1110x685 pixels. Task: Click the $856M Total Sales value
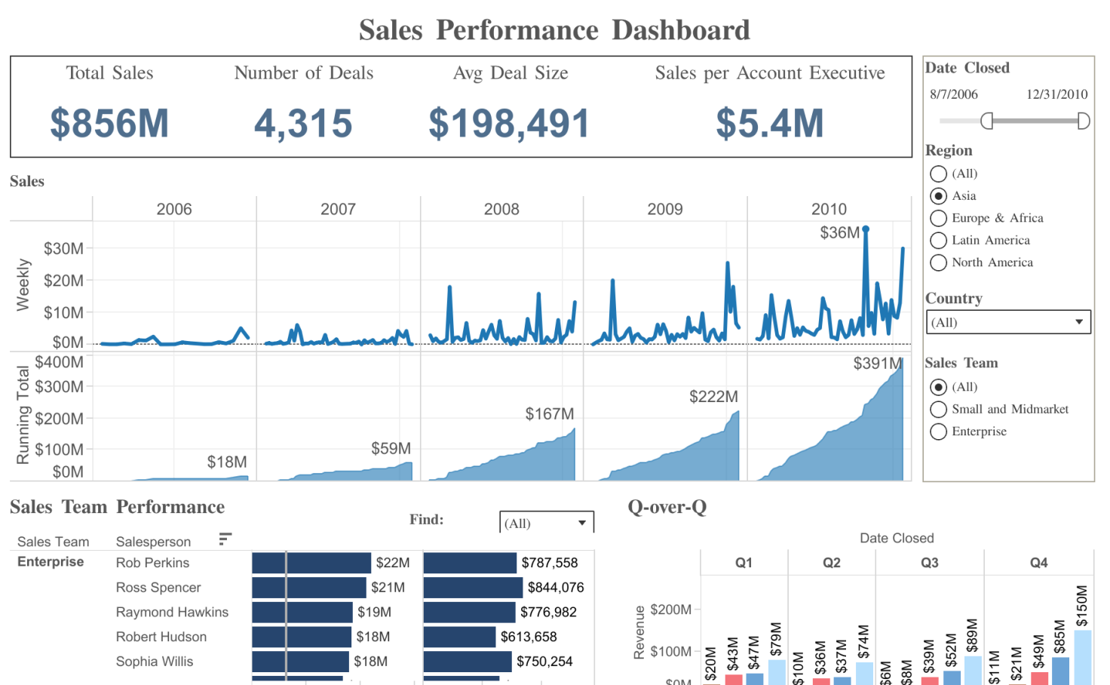(x=109, y=124)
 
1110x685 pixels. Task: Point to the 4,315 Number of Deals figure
(x=303, y=124)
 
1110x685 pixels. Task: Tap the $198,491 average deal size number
(x=509, y=124)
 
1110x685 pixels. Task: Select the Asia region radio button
(x=938, y=196)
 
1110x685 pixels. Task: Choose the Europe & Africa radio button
(x=938, y=218)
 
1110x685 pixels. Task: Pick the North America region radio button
(x=938, y=263)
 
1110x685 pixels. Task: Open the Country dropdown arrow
(x=1079, y=322)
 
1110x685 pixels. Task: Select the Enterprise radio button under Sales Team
(x=938, y=432)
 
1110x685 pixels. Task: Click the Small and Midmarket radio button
(x=938, y=409)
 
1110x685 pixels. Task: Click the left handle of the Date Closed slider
(x=986, y=121)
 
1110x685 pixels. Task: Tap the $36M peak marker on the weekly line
(x=866, y=229)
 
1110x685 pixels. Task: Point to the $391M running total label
(x=877, y=364)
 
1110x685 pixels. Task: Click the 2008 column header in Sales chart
(x=501, y=209)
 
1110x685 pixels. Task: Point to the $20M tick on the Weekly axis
(x=63, y=281)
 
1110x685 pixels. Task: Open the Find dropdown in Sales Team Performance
(x=581, y=523)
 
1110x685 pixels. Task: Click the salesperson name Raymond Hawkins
(x=172, y=612)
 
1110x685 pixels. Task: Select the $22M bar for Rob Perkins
(x=311, y=563)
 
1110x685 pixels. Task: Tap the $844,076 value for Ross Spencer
(x=556, y=588)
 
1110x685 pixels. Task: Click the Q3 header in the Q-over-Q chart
(x=929, y=563)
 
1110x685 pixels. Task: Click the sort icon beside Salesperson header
(x=225, y=539)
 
